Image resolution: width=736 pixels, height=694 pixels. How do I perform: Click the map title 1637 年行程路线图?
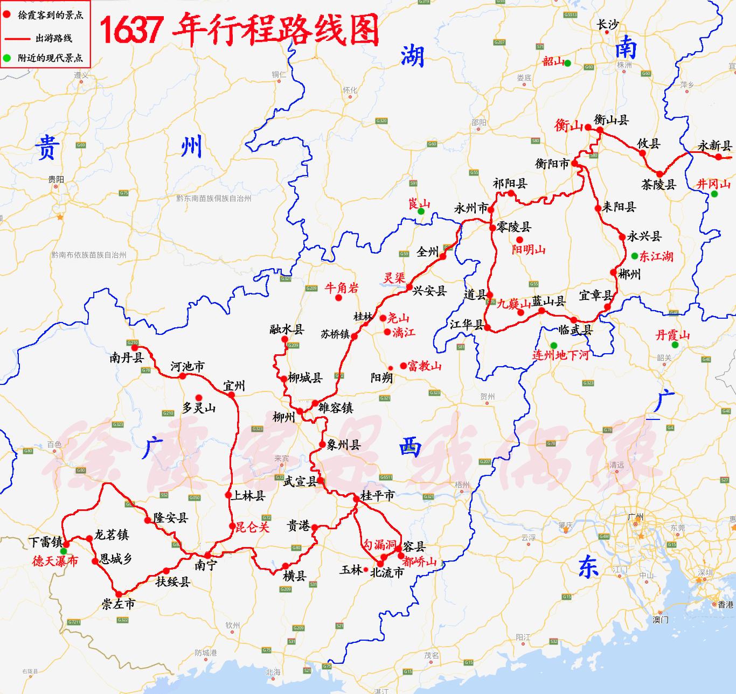(x=239, y=29)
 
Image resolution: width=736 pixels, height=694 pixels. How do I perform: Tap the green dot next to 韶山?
(x=567, y=64)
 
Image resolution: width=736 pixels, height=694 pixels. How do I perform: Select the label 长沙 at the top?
(x=607, y=24)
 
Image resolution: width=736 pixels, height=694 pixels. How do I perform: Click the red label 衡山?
(x=568, y=125)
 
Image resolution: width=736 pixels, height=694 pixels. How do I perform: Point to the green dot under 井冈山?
(x=714, y=194)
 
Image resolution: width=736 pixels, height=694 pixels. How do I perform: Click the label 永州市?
(x=470, y=208)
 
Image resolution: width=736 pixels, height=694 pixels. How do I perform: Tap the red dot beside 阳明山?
(x=519, y=240)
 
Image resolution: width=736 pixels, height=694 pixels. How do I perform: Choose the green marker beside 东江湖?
(x=635, y=256)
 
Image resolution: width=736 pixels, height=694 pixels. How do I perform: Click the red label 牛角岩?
(x=342, y=288)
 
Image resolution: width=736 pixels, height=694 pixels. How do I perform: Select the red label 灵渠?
(x=394, y=278)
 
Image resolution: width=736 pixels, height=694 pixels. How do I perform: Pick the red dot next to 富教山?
(x=404, y=366)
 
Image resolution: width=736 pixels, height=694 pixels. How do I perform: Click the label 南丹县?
(x=127, y=357)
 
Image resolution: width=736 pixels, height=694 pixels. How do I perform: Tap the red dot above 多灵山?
(x=199, y=398)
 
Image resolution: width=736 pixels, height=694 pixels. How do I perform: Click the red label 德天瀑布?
(x=55, y=561)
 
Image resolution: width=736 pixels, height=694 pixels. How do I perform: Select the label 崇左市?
(x=119, y=604)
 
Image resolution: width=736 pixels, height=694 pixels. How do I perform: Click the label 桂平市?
(x=377, y=495)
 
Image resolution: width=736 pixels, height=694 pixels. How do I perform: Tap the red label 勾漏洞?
(x=379, y=545)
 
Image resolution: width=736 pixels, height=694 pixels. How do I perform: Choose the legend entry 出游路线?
(x=53, y=38)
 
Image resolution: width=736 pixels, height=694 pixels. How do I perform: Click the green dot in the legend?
(x=7, y=58)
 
